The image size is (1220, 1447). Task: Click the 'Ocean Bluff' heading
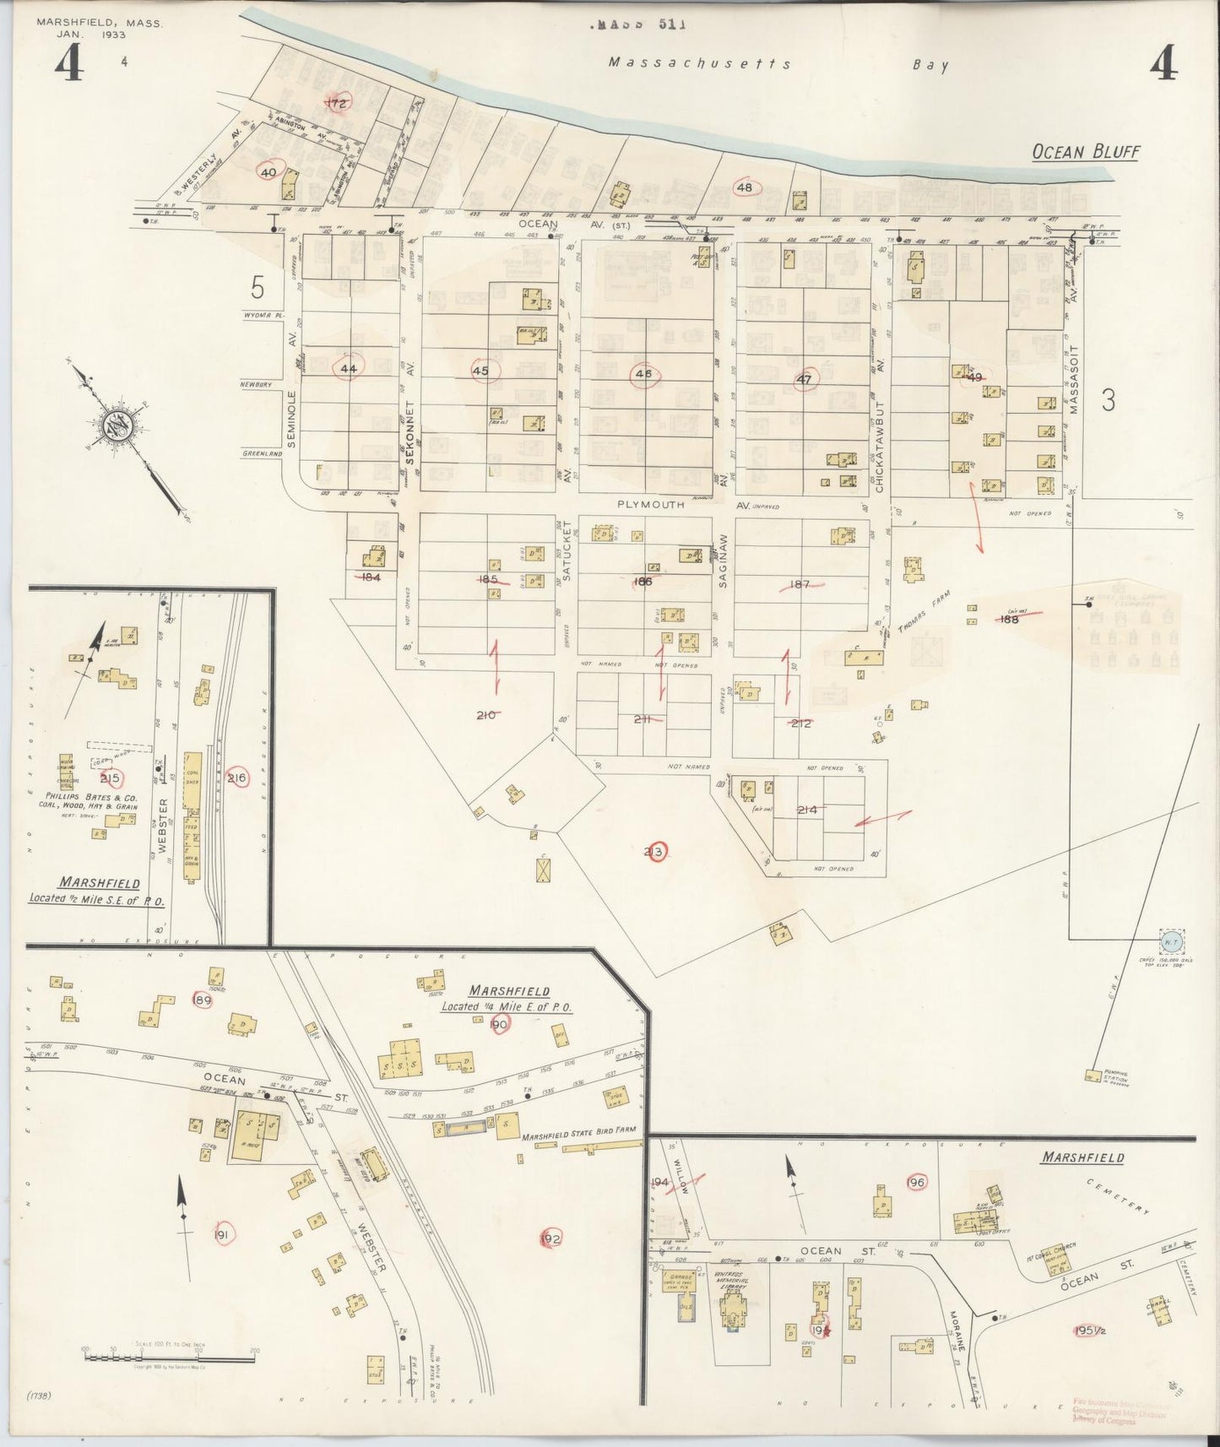pos(1086,152)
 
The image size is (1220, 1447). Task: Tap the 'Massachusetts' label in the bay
pos(700,63)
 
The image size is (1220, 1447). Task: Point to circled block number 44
pos(348,369)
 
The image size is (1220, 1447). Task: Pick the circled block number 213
pos(653,853)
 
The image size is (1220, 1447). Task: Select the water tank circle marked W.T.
pos(1170,941)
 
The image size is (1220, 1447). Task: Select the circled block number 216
pos(237,778)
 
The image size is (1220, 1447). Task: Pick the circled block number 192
pos(550,1238)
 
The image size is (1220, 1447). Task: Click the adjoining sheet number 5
pos(258,289)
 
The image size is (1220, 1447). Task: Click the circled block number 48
pos(745,187)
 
